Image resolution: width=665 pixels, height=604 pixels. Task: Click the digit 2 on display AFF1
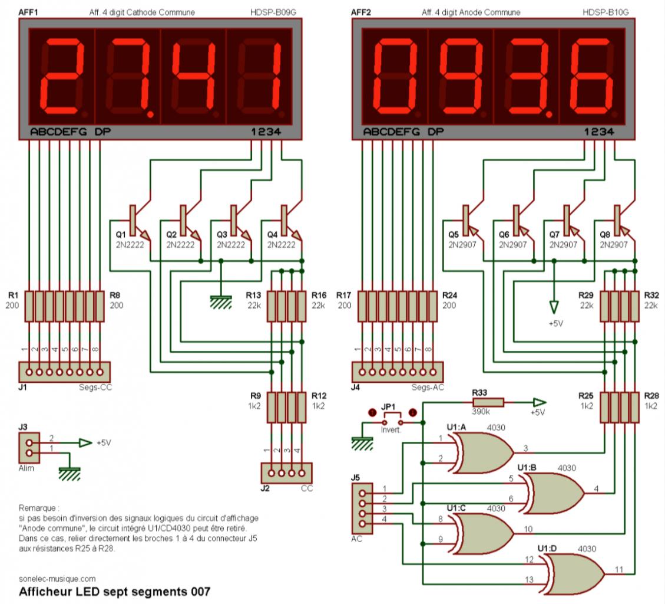tap(62, 77)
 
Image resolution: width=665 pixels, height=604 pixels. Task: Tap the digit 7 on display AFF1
tap(127, 77)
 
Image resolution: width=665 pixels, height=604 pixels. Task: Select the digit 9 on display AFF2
tap(461, 77)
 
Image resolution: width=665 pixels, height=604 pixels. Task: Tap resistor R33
tap(488, 402)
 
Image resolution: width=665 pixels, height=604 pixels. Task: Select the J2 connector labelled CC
tap(286, 472)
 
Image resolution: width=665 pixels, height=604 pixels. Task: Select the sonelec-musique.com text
tap(57, 579)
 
